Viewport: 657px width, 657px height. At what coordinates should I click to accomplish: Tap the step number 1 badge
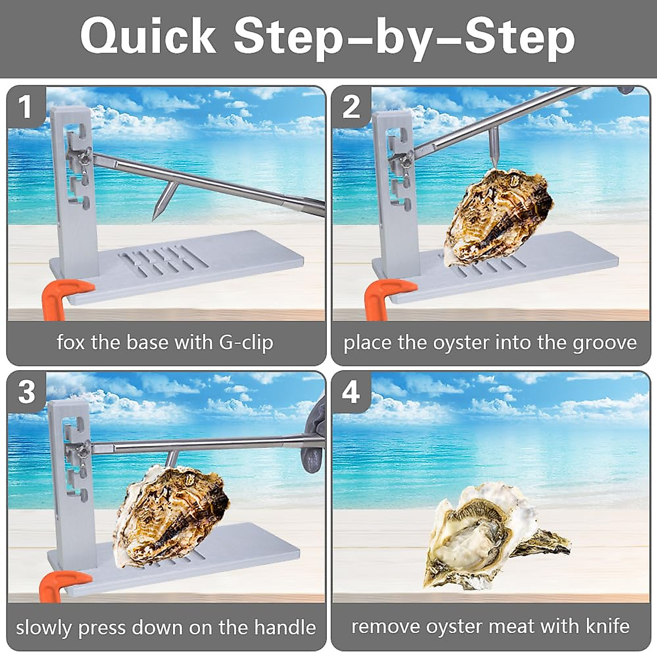click(25, 107)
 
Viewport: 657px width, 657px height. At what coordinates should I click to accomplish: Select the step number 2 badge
click(351, 107)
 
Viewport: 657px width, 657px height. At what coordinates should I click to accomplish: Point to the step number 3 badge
click(26, 392)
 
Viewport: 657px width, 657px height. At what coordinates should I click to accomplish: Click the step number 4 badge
click(350, 392)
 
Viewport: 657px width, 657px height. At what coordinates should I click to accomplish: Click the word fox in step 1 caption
click(71, 343)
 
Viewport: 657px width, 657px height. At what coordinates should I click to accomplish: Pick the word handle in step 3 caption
click(285, 627)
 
